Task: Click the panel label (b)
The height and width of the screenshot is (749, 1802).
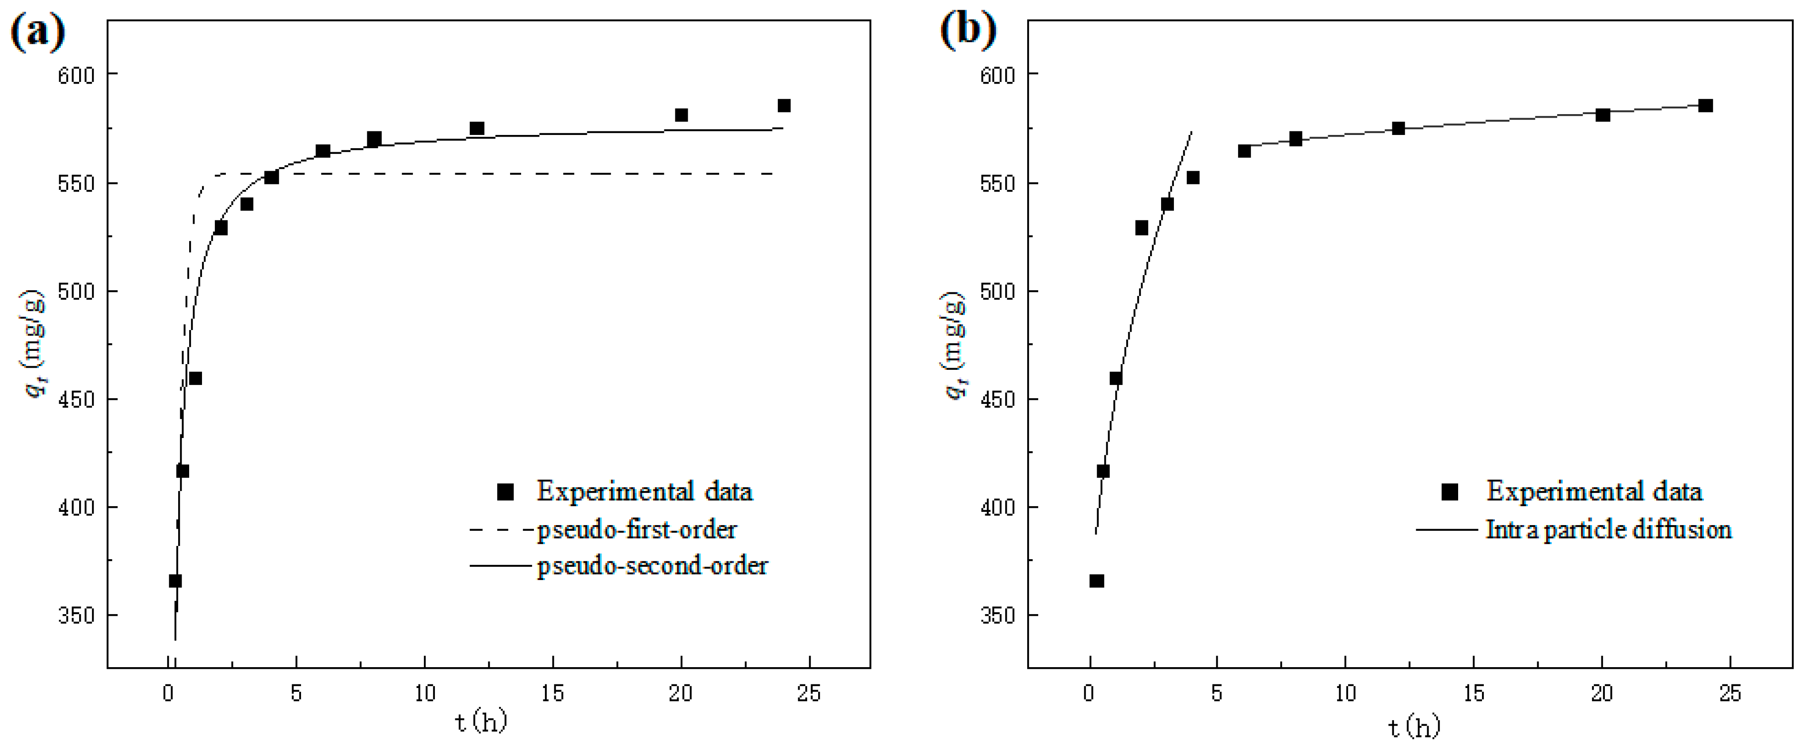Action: click(968, 31)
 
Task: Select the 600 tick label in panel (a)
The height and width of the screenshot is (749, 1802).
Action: click(76, 74)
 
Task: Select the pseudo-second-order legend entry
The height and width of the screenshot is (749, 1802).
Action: click(652, 565)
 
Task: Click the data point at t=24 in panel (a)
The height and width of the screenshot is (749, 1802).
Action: click(784, 106)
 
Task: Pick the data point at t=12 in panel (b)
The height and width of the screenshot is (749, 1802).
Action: click(1398, 128)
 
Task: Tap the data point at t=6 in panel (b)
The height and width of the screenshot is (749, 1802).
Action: click(1244, 151)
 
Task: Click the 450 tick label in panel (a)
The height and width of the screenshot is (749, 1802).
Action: click(76, 399)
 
